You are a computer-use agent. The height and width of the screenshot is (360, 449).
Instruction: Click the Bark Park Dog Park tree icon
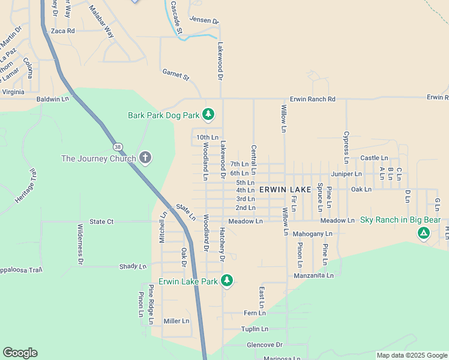pyautogui.click(x=208, y=114)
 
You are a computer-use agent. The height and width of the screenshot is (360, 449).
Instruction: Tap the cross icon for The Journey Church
pyautogui.click(x=145, y=158)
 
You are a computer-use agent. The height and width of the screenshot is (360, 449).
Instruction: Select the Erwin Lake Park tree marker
pyautogui.click(x=226, y=280)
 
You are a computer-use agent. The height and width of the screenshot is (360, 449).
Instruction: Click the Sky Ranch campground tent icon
pyautogui.click(x=424, y=232)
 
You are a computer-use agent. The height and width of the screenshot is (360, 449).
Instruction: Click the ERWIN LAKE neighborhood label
pyautogui.click(x=285, y=190)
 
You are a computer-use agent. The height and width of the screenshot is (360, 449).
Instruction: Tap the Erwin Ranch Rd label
pyautogui.click(x=312, y=99)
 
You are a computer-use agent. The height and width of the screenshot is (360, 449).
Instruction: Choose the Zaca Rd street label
pyautogui.click(x=62, y=31)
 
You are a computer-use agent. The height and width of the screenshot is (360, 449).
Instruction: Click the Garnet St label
pyautogui.click(x=176, y=74)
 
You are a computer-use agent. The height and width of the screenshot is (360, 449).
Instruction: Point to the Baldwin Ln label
pyautogui.click(x=53, y=98)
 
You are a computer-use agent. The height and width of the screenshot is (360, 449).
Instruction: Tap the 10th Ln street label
pyautogui.click(x=207, y=137)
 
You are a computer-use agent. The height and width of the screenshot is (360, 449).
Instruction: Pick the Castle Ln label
pyautogui.click(x=374, y=158)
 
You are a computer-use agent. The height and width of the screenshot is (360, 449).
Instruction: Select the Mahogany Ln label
pyautogui.click(x=312, y=233)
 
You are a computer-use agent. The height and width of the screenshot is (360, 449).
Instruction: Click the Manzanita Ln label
pyautogui.click(x=313, y=275)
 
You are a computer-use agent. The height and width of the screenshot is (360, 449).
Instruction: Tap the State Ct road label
pyautogui.click(x=101, y=221)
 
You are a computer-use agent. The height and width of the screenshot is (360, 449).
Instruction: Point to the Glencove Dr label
pyautogui.click(x=264, y=345)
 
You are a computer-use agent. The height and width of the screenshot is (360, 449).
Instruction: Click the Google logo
pyautogui.click(x=20, y=353)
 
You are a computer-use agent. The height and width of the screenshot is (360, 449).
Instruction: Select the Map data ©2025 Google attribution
pyautogui.click(x=411, y=355)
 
